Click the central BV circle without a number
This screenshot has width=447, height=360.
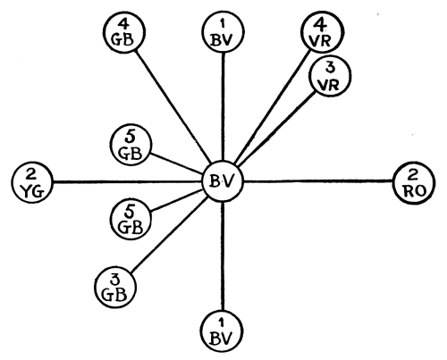(x=223, y=181)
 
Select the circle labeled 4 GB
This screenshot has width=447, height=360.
(x=124, y=32)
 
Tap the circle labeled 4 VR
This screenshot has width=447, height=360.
(x=322, y=32)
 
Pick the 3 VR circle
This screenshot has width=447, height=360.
(x=329, y=76)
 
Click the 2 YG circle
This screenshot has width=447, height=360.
(x=32, y=182)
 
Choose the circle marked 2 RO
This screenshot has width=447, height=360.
(x=414, y=183)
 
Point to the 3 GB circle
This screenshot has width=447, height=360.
(x=115, y=287)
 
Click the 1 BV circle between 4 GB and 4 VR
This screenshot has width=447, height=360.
(x=223, y=32)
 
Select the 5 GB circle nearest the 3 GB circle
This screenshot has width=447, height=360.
(x=131, y=219)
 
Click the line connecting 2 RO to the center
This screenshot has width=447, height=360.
(x=318, y=181)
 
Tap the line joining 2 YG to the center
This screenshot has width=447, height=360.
(x=127, y=181)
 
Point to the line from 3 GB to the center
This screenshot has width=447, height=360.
(x=169, y=234)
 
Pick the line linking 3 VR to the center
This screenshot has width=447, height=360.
(x=276, y=129)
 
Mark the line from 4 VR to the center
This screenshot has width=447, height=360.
(x=272, y=107)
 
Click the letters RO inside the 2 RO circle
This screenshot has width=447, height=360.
(x=415, y=191)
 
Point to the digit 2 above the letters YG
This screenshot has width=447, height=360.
(x=31, y=176)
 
